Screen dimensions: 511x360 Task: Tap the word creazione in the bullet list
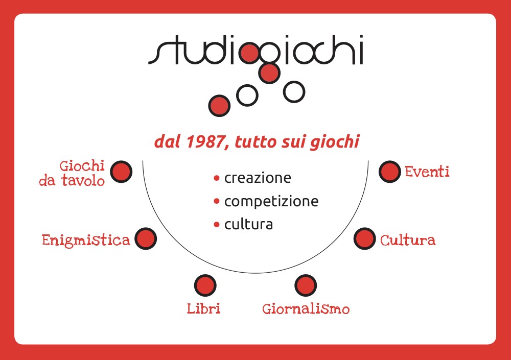(258, 178)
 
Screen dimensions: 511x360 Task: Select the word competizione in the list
(271, 202)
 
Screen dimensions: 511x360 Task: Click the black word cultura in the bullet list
(249, 225)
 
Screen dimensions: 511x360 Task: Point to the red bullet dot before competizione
(217, 201)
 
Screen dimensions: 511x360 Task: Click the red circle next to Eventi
(389, 172)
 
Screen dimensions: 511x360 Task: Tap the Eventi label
(427, 172)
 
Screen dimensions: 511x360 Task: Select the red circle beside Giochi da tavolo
(121, 172)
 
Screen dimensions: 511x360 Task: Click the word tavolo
(83, 181)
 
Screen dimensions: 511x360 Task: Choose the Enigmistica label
(86, 241)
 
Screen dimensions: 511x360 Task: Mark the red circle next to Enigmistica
(146, 238)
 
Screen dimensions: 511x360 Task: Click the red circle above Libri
(205, 285)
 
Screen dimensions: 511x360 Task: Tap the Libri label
(204, 308)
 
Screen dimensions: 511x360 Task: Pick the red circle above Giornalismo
(306, 285)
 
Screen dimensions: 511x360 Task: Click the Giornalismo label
(306, 309)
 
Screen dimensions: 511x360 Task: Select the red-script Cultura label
(408, 240)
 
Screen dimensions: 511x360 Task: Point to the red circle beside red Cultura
(365, 238)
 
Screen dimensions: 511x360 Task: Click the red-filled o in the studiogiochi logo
(250, 53)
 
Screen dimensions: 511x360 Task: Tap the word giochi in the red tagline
(335, 142)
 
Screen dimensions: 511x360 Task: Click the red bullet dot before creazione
(217, 178)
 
